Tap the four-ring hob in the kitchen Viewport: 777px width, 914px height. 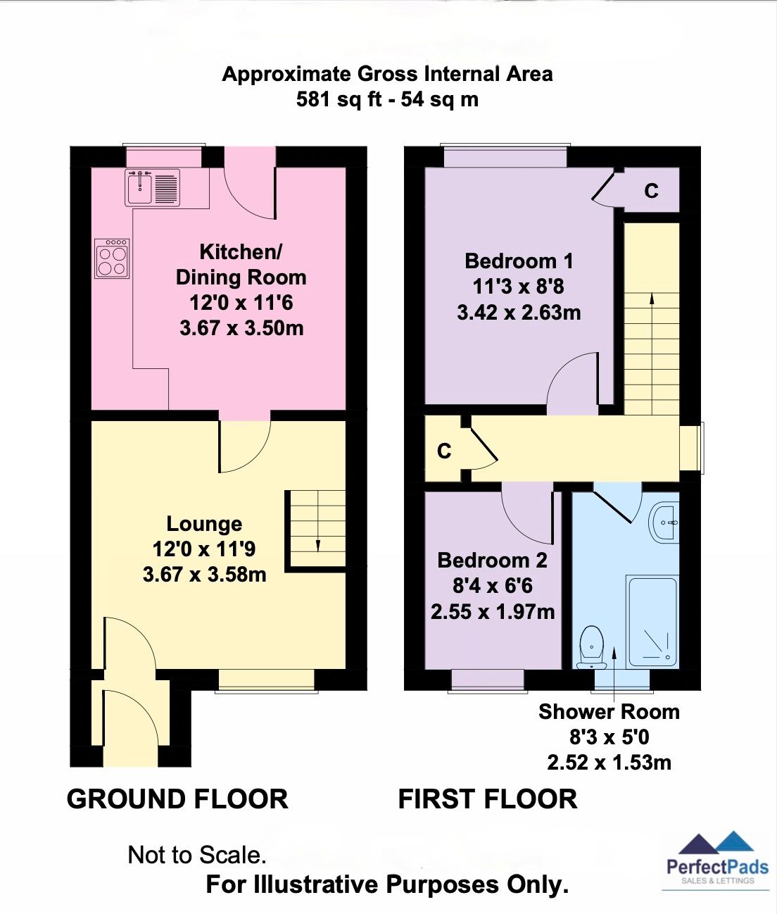113,259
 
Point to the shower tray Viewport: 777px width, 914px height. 652,622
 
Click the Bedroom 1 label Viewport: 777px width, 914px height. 519,261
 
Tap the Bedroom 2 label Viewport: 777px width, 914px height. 492,561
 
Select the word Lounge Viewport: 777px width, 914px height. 204,524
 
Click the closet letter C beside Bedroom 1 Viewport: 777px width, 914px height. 652,191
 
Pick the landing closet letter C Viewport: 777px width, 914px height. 444,451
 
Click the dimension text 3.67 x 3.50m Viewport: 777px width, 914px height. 241,328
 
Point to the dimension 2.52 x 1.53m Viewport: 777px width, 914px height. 609,763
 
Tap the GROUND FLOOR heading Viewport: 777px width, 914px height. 177,799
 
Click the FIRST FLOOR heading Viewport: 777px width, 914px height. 488,799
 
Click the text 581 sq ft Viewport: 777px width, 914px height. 336,99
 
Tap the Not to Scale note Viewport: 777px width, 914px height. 197,855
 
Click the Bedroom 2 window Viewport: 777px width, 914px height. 488,679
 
